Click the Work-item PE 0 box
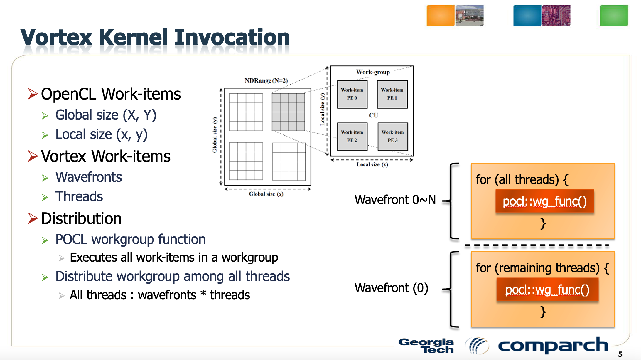pos(352,94)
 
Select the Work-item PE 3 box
pos(393,137)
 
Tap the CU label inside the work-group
pos(373,115)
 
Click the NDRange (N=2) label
pos(266,80)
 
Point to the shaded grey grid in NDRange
pos(288,112)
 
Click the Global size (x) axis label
pos(266,194)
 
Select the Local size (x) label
pos(372,165)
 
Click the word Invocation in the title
pos(232,38)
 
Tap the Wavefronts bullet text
pos(88,177)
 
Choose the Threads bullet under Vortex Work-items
pos(79,196)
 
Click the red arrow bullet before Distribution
pos(33,218)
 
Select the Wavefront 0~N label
pos(395,200)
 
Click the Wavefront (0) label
pos(391,288)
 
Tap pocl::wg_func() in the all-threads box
pos(544,201)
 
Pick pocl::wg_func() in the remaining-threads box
pos(547,290)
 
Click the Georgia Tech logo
pos(426,346)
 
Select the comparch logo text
pos(553,345)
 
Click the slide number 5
pos(620,354)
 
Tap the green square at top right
pos(614,16)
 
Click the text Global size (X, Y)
pos(106,115)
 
